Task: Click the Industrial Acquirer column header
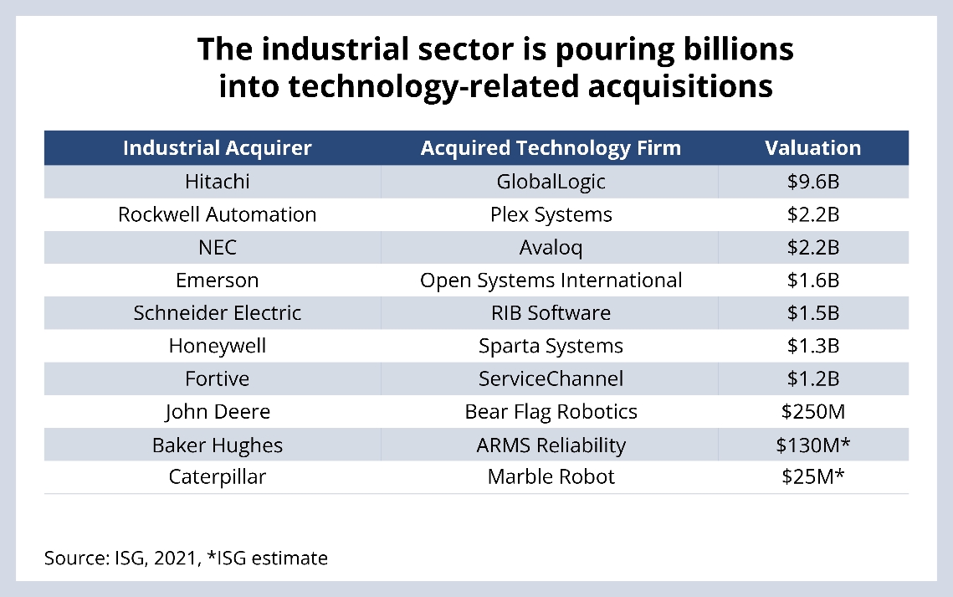click(x=217, y=148)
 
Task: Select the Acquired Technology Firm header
click(x=551, y=148)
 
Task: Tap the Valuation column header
click(x=812, y=148)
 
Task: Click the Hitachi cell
click(x=217, y=181)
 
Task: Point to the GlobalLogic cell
click(x=551, y=181)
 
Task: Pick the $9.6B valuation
click(x=812, y=181)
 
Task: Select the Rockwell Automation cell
click(x=217, y=214)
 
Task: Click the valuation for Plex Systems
click(x=812, y=214)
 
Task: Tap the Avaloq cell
click(x=551, y=247)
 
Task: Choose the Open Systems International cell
click(x=551, y=280)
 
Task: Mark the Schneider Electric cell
click(x=217, y=313)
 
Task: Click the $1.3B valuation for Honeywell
click(x=812, y=346)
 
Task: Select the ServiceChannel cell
click(x=551, y=378)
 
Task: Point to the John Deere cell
click(x=217, y=412)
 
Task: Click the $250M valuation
click(x=812, y=412)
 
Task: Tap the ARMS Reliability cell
click(x=551, y=445)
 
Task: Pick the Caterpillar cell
click(x=217, y=477)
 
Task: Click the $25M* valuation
click(x=812, y=477)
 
